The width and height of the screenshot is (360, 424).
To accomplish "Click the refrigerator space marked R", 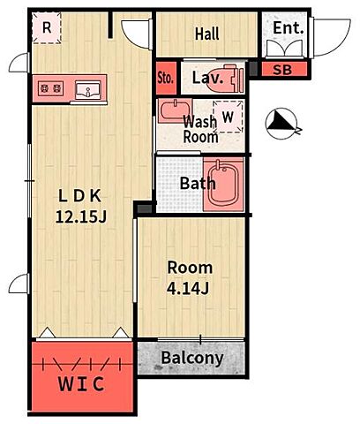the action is pyautogui.click(x=47, y=27).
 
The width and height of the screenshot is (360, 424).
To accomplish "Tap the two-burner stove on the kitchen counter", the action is pyautogui.click(x=50, y=87).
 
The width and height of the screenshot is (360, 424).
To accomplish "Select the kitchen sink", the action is pyautogui.click(x=87, y=90).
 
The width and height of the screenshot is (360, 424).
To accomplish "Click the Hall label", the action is pyautogui.click(x=207, y=34).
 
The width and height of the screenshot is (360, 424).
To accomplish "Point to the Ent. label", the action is pyautogui.click(x=289, y=28).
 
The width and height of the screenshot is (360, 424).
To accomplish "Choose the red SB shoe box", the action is pyautogui.click(x=284, y=70).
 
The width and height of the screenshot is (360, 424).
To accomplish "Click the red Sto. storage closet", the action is pyautogui.click(x=166, y=78).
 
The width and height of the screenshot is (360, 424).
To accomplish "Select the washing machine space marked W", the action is pyautogui.click(x=228, y=117).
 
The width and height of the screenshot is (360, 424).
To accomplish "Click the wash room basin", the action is pyautogui.click(x=175, y=110).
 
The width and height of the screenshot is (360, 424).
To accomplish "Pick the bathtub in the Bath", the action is pyautogui.click(x=223, y=185).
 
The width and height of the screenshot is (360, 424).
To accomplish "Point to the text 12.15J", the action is pyautogui.click(x=81, y=217).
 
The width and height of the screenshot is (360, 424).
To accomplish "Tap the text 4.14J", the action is pyautogui.click(x=188, y=288).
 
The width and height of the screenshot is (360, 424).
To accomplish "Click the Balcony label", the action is pyautogui.click(x=192, y=358).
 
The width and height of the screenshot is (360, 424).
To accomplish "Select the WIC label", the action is pyautogui.click(x=81, y=384).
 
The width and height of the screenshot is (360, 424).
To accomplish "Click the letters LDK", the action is pyautogui.click(x=80, y=196).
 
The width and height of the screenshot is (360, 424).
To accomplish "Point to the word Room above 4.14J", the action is pyautogui.click(x=190, y=268).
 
